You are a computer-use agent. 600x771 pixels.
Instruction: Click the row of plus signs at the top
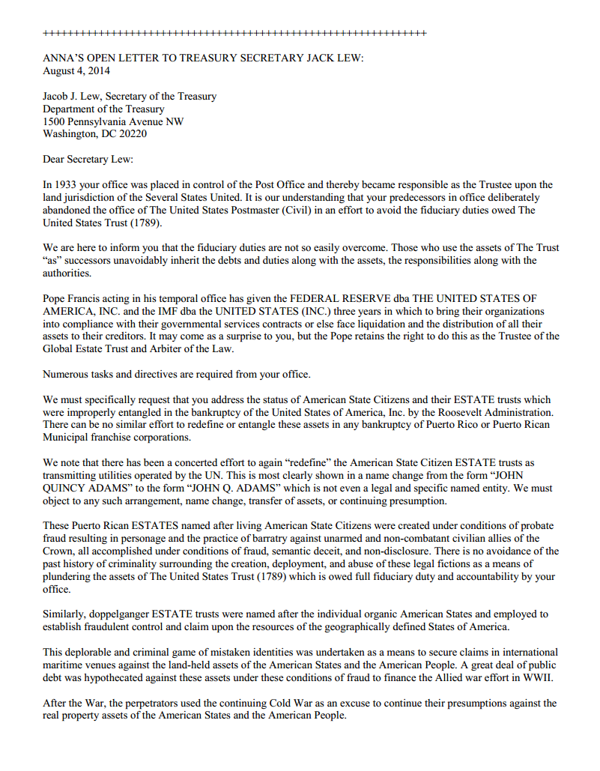(x=234, y=34)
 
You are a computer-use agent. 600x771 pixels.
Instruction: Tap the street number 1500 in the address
(x=55, y=121)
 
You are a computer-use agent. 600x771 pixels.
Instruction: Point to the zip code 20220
(x=131, y=134)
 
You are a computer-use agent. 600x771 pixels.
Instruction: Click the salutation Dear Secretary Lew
(x=88, y=160)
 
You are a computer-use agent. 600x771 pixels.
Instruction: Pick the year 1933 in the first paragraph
(x=67, y=184)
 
